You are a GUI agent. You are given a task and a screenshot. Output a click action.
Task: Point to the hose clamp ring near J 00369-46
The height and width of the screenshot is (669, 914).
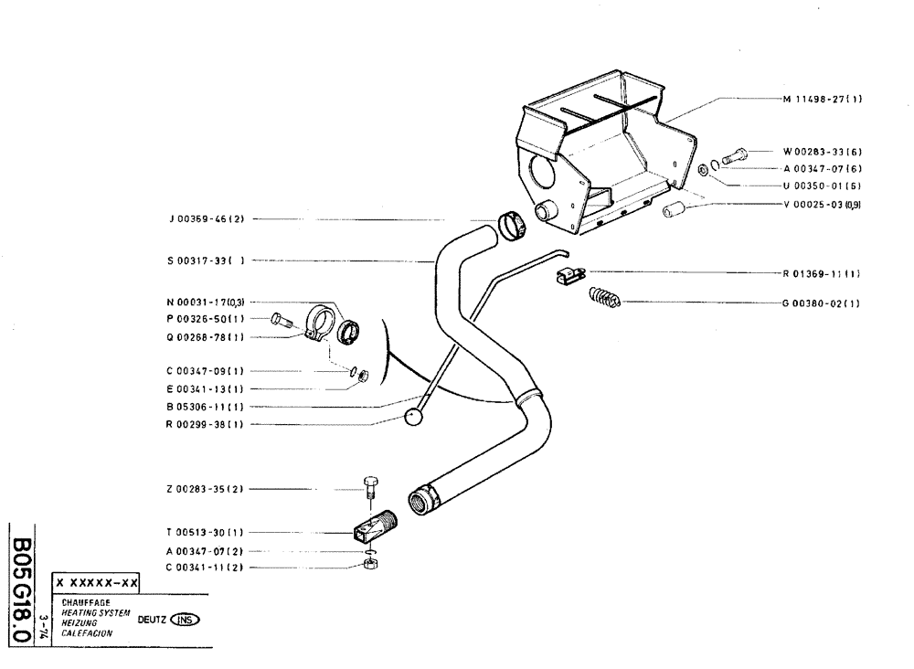click(x=512, y=225)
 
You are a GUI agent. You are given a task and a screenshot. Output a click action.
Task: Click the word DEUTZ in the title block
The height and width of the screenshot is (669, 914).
click(x=152, y=619)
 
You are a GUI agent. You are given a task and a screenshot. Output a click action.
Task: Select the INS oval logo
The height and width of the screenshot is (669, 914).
click(x=185, y=619)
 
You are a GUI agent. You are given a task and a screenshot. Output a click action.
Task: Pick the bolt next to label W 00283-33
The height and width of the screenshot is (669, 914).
click(x=734, y=157)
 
